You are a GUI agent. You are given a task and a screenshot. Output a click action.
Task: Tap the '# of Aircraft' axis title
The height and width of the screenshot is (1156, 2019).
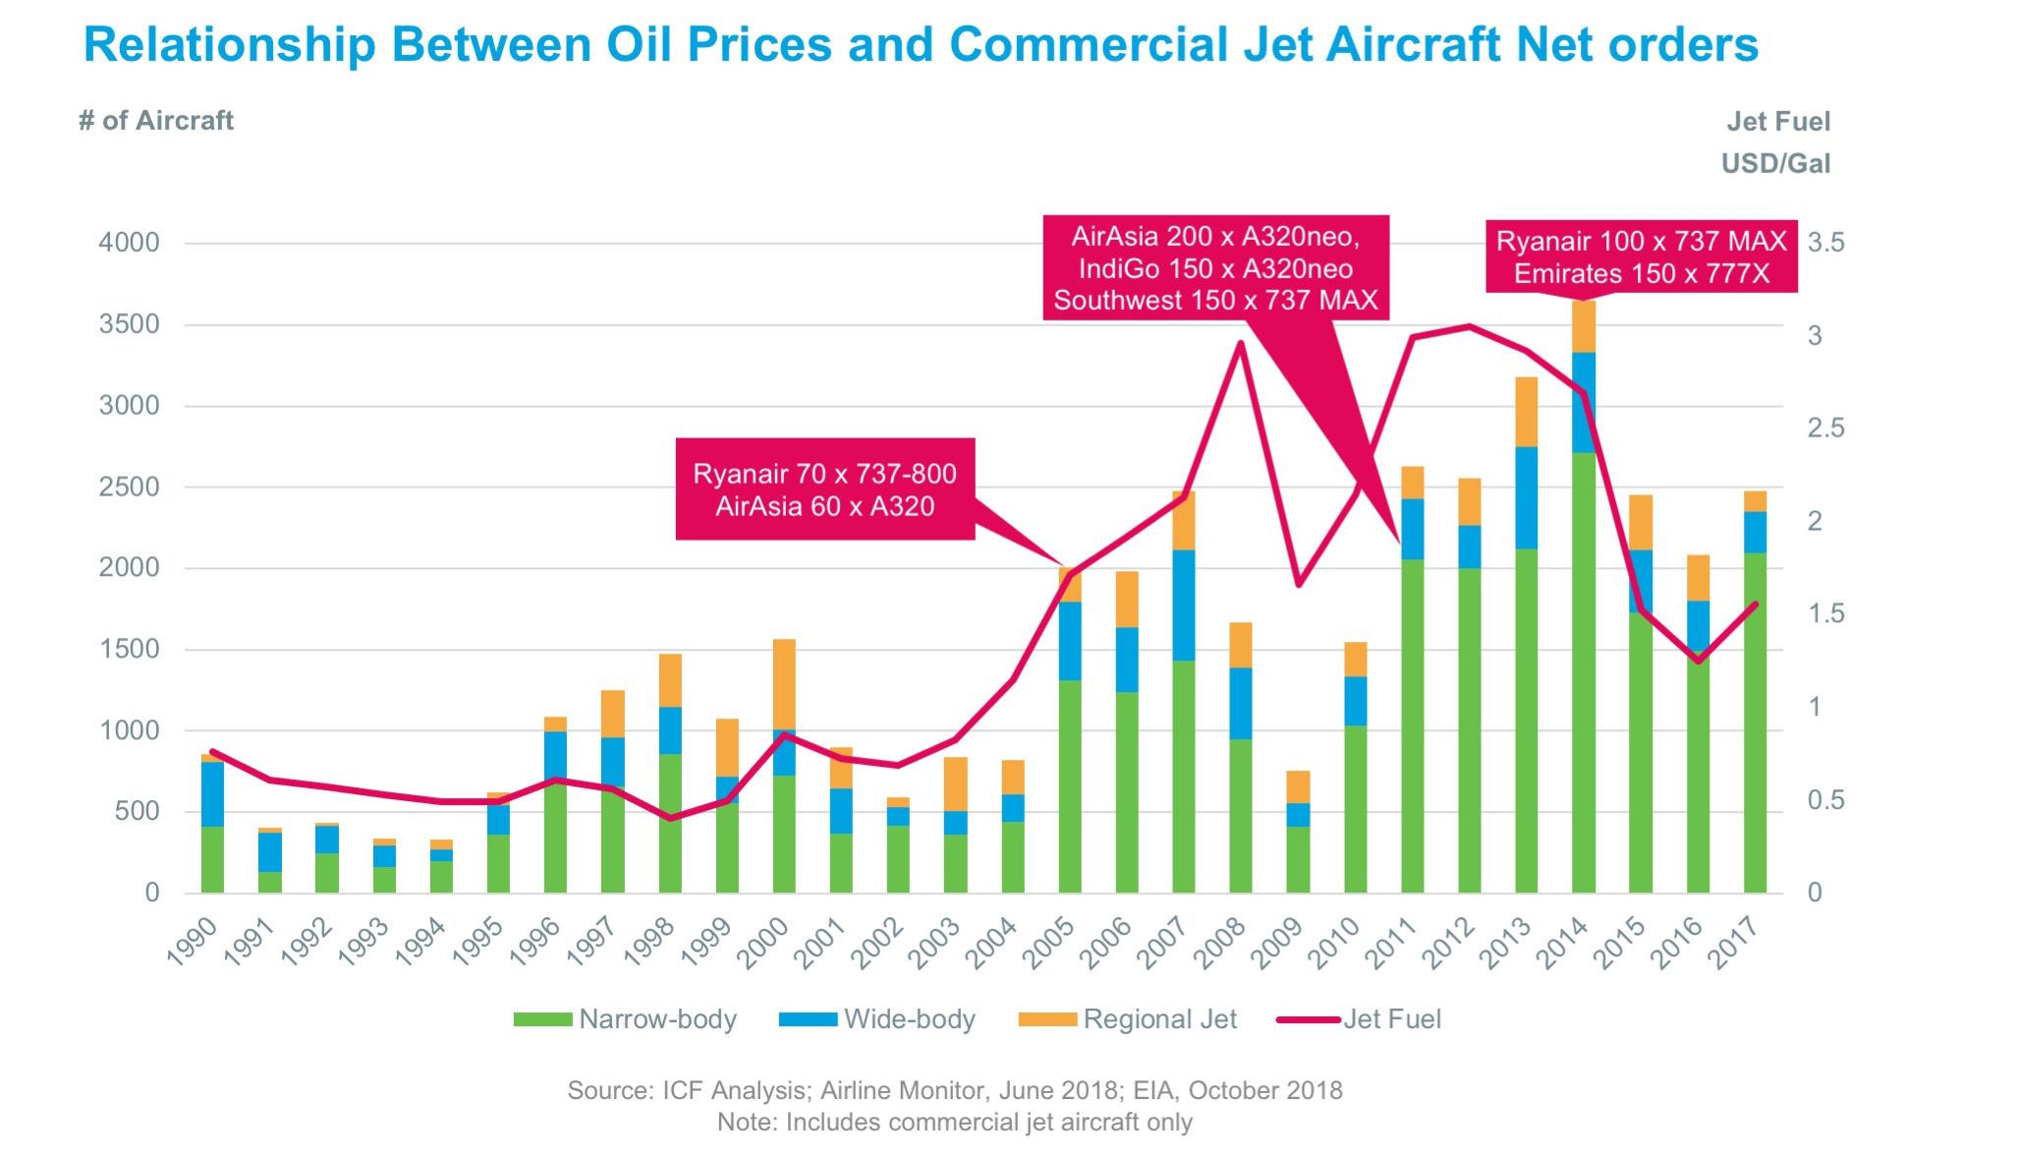[x=156, y=121]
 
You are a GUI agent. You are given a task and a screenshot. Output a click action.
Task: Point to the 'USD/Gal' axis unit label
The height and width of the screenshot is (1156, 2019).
[x=1775, y=163]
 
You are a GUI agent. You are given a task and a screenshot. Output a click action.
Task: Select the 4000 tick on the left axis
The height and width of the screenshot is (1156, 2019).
[x=129, y=243]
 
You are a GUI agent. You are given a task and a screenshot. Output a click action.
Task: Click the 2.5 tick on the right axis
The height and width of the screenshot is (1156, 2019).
[x=1825, y=429]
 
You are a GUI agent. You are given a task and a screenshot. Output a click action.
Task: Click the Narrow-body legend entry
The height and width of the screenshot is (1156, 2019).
[x=625, y=1019]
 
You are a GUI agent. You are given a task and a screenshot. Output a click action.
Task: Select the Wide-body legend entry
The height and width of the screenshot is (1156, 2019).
[x=876, y=1019]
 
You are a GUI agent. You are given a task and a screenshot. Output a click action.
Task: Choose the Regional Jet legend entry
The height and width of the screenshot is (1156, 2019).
[x=1127, y=1019]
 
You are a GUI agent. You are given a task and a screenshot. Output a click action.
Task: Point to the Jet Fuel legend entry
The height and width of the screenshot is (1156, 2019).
[x=1360, y=1019]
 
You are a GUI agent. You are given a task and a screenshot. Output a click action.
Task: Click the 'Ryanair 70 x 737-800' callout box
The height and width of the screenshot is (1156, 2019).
[x=824, y=489]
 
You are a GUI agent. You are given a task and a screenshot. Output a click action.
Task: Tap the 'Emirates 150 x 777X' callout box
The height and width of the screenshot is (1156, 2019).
[x=1641, y=258]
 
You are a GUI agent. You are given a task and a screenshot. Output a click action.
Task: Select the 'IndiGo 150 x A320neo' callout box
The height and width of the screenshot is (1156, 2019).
[x=1215, y=268]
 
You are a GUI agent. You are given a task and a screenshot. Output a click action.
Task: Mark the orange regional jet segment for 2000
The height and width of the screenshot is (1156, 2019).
[x=784, y=684]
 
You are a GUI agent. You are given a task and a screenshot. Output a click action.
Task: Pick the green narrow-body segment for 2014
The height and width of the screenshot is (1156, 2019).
[x=1583, y=668]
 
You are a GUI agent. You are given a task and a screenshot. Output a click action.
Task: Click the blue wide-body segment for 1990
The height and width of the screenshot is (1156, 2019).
[x=212, y=794]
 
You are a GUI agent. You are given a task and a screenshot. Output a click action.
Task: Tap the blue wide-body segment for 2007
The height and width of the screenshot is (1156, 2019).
[x=1184, y=605]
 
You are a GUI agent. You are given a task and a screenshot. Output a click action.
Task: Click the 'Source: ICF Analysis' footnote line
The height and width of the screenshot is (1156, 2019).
[x=954, y=1090]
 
